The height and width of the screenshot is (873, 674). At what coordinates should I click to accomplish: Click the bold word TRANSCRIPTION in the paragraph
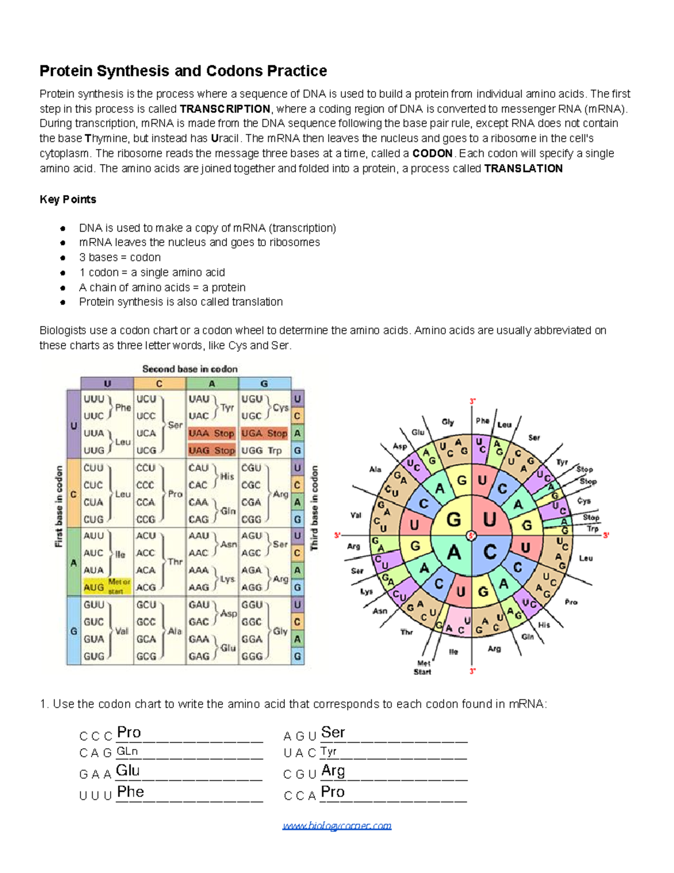tap(225, 109)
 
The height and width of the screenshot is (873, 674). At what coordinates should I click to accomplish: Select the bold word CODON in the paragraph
tap(432, 153)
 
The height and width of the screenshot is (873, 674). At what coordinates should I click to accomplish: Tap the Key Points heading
tap(68, 200)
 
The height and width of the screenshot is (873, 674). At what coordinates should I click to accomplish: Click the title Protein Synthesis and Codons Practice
tap(183, 71)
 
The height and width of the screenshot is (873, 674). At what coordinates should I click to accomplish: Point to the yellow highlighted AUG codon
tap(94, 587)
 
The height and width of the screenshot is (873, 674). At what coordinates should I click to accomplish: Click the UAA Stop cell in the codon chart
tap(211, 433)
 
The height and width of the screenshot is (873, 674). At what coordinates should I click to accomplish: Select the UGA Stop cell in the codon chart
tap(264, 433)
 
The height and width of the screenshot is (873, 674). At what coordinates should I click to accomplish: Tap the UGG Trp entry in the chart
tap(262, 450)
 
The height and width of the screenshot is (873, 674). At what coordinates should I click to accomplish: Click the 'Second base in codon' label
tap(190, 369)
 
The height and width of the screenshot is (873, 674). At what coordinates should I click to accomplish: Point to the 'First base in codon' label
tap(59, 506)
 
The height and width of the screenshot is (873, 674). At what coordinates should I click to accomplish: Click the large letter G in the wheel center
tap(453, 519)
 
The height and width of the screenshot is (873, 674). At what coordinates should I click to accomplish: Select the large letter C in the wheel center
tap(490, 552)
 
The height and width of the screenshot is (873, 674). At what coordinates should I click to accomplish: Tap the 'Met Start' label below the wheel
tap(423, 667)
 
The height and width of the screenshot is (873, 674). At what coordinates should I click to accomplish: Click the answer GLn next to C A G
tap(127, 752)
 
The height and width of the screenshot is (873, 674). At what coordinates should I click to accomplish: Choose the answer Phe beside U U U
tap(130, 792)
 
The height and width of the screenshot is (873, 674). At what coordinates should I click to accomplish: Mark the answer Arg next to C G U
tap(333, 771)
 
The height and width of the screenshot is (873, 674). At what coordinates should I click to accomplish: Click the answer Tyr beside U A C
tap(329, 752)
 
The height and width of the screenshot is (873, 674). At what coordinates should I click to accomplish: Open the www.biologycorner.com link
tap(337, 825)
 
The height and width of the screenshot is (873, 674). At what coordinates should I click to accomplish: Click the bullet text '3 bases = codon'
tap(120, 257)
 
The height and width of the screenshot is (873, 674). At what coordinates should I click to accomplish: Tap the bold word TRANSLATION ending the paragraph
tap(523, 169)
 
